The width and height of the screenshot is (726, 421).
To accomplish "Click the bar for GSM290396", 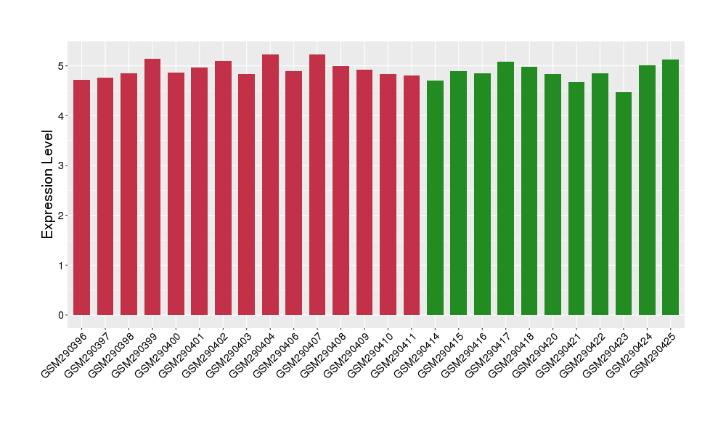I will click(x=82, y=197).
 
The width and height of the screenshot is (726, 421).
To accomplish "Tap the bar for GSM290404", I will click(x=270, y=184).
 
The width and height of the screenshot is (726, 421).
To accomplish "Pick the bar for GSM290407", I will click(x=317, y=184).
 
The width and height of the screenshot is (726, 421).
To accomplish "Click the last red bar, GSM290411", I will click(x=412, y=195).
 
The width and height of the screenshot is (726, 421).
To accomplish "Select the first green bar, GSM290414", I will click(x=435, y=197).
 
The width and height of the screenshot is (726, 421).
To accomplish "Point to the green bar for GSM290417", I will click(x=506, y=188).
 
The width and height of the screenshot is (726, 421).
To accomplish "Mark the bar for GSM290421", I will click(x=576, y=198).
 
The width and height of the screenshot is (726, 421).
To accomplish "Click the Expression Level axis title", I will click(x=48, y=184).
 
